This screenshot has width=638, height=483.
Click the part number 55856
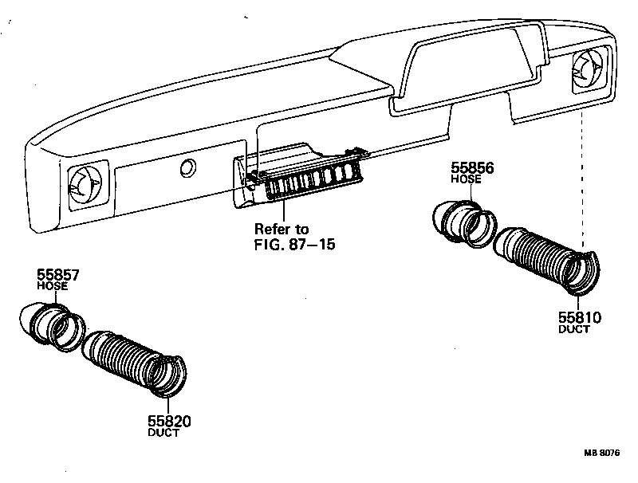click(x=472, y=168)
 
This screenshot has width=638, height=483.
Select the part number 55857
click(x=58, y=275)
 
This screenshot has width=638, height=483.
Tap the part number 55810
click(x=579, y=317)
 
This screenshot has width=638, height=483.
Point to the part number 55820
click(x=169, y=421)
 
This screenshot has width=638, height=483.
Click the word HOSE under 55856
click(x=467, y=180)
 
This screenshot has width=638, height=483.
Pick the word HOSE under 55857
click(x=53, y=285)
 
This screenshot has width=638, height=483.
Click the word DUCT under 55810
click(x=574, y=329)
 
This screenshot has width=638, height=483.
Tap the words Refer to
click(x=282, y=230)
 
